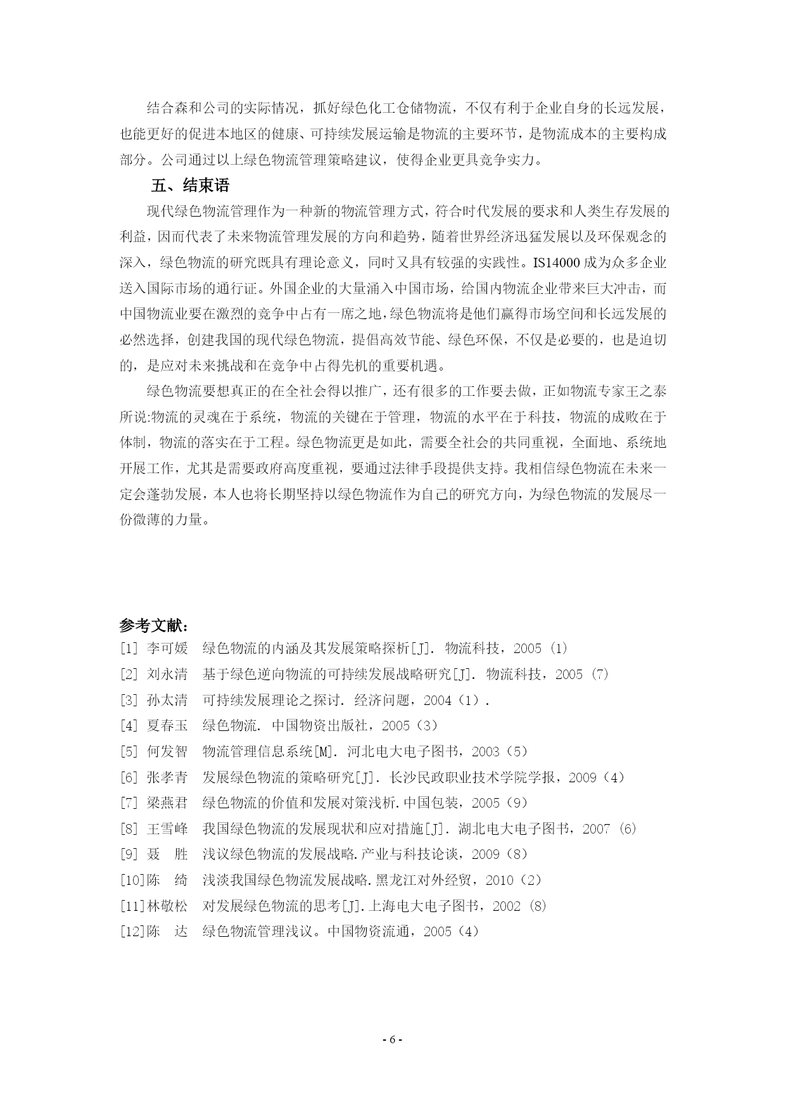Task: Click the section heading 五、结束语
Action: (x=190, y=186)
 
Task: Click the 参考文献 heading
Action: (x=153, y=625)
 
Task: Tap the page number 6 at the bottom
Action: (x=393, y=1040)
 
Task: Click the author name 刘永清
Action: (x=167, y=674)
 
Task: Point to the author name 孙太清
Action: (x=167, y=700)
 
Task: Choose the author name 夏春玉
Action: (x=167, y=725)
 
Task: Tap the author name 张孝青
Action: (x=167, y=777)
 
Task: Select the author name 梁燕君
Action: (x=167, y=803)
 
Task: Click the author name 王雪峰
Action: (x=167, y=828)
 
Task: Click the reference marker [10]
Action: (x=132, y=880)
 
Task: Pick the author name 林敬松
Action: (x=167, y=906)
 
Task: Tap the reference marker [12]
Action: (x=132, y=931)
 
